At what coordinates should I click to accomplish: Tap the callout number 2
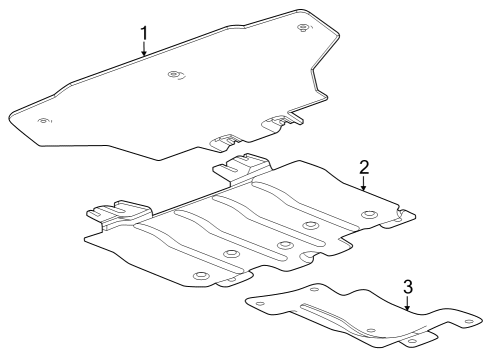click(x=364, y=167)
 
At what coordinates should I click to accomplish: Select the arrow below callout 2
click(x=364, y=183)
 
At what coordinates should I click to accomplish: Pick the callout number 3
click(x=408, y=287)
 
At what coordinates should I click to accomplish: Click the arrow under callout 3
click(x=408, y=303)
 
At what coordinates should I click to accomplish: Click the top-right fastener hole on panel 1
click(x=303, y=24)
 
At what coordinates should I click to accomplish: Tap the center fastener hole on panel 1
click(x=176, y=74)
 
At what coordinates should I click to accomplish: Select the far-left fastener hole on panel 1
click(x=43, y=121)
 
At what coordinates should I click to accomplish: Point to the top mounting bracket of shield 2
click(x=246, y=162)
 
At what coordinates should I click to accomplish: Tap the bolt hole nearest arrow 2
click(x=369, y=215)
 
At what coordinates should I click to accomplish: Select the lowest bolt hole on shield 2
click(x=200, y=276)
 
